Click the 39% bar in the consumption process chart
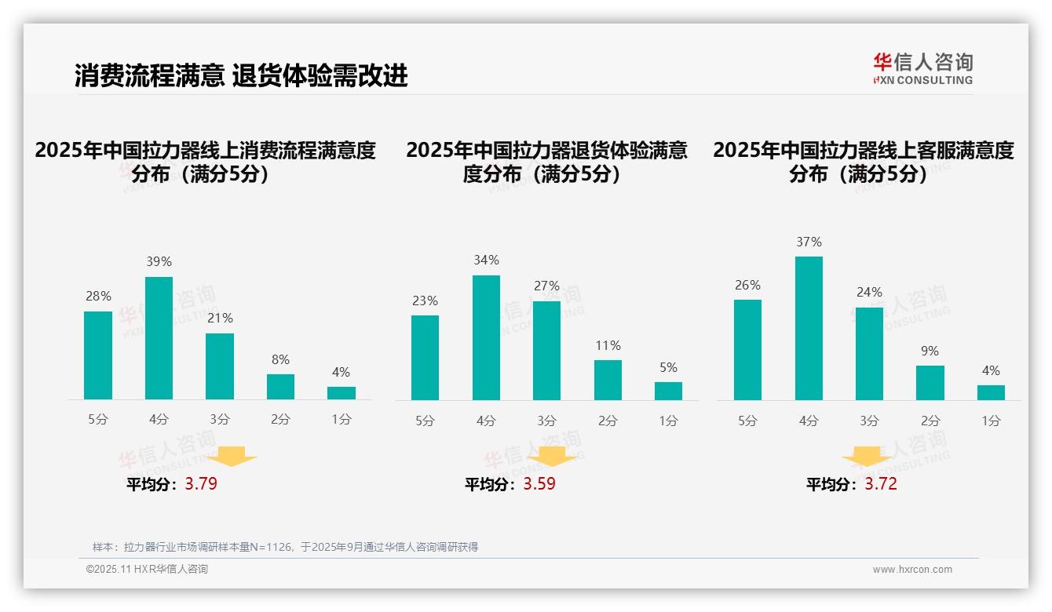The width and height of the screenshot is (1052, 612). (159, 338)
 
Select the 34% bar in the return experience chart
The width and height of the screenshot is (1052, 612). (486, 337)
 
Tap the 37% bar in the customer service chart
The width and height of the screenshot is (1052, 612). (809, 328)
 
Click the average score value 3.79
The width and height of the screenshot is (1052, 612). (201, 484)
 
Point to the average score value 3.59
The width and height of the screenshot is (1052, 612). (539, 484)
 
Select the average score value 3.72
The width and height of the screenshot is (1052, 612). (881, 484)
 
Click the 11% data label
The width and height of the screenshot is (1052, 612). (608, 345)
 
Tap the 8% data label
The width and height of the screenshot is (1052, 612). (280, 359)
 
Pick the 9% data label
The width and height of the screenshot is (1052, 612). (930, 351)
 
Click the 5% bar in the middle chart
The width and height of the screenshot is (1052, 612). (668, 391)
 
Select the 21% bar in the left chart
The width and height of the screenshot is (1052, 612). (220, 366)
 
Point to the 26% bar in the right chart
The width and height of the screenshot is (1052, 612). (747, 350)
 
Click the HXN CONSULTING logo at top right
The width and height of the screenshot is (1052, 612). (922, 69)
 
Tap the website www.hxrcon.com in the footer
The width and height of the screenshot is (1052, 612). (912, 570)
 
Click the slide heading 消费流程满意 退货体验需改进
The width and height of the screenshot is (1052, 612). (241, 76)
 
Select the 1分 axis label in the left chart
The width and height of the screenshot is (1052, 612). (341, 420)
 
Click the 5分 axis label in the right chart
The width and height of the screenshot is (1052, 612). (747, 421)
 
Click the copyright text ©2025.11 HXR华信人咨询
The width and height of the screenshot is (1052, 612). (147, 570)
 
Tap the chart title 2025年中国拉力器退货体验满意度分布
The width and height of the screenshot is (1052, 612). (546, 162)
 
